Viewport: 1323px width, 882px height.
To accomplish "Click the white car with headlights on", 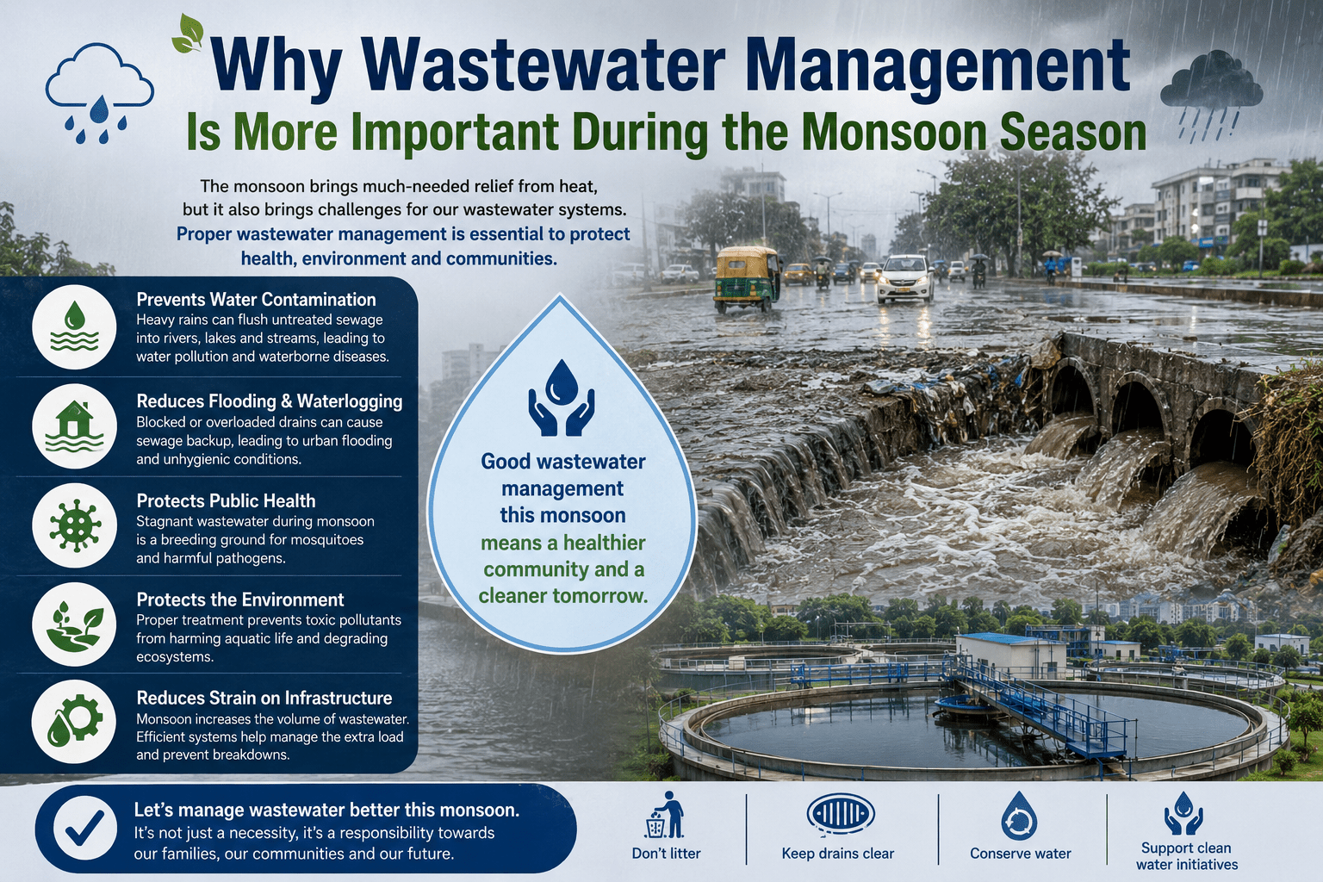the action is point(905,278).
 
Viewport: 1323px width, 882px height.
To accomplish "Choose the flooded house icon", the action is point(74,426).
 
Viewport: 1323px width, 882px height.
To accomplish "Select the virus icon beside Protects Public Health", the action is point(74,525).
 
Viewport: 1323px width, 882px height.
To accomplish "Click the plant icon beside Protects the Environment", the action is point(74,624).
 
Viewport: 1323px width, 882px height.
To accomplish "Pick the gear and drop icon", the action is point(74,721).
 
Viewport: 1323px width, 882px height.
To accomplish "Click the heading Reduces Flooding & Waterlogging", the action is point(270,401).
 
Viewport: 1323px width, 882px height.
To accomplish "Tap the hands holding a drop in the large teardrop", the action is point(561,398).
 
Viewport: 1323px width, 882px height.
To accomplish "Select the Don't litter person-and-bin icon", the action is point(664,815).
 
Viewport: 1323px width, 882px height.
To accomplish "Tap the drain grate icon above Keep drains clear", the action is point(841,814).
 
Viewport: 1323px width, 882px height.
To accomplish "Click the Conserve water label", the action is point(1020,854).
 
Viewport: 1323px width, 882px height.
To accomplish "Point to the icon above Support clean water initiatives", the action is point(1183,813).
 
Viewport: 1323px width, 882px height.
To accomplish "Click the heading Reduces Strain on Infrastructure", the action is point(264,698).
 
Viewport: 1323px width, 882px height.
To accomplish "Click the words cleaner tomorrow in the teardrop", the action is point(562,595).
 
